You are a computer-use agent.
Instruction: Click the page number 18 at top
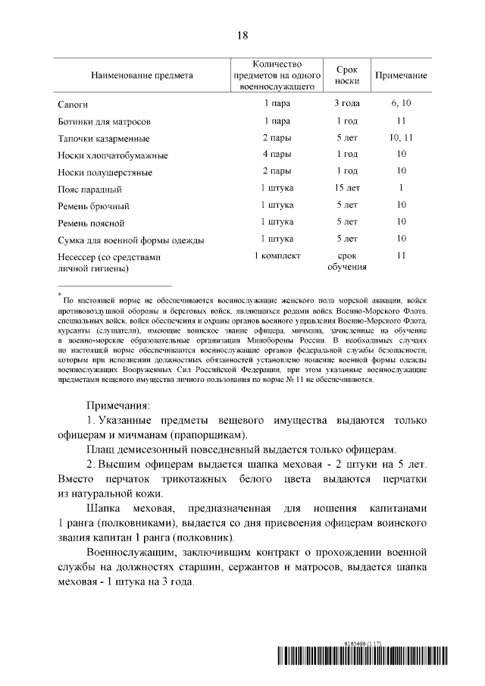[x=242, y=35]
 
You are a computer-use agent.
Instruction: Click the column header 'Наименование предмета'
[x=142, y=76]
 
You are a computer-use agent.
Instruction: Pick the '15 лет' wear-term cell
[x=347, y=187]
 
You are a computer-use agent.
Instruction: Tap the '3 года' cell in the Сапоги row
[x=347, y=102]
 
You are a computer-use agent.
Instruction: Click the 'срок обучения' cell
[x=347, y=262]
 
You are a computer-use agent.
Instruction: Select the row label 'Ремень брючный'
[x=93, y=206]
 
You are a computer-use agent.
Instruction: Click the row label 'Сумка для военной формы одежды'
[x=130, y=241]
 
